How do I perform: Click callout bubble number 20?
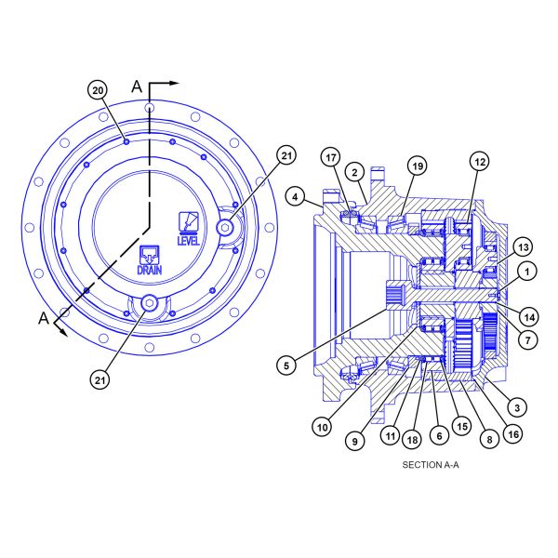98,90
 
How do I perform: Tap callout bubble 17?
331,157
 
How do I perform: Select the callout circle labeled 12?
480,162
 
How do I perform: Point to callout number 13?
523,247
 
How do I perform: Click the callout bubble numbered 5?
286,365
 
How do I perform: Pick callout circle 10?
322,427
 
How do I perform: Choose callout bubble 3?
517,407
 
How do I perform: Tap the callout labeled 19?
418,166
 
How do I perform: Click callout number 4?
296,196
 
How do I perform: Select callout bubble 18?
412,440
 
